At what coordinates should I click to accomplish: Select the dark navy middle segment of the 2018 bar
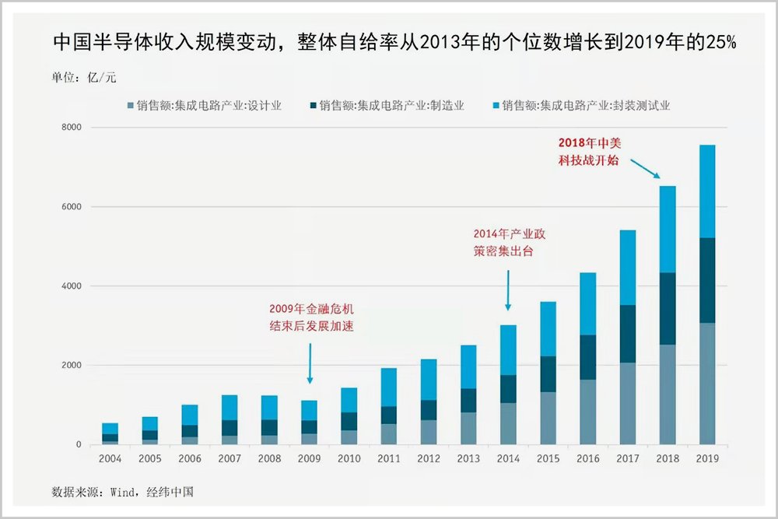point(668,308)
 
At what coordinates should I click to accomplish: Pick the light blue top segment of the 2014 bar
point(507,350)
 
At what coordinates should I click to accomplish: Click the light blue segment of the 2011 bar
point(388,387)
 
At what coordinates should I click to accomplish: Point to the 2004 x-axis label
point(110,459)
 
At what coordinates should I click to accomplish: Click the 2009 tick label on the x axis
point(309,459)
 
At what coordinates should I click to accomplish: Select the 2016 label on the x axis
point(587,459)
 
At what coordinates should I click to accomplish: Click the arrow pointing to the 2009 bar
point(310,363)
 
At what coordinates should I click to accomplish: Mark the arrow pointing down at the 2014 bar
point(508,290)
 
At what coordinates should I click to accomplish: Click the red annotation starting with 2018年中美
point(590,151)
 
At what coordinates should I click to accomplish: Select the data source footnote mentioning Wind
point(122,492)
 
